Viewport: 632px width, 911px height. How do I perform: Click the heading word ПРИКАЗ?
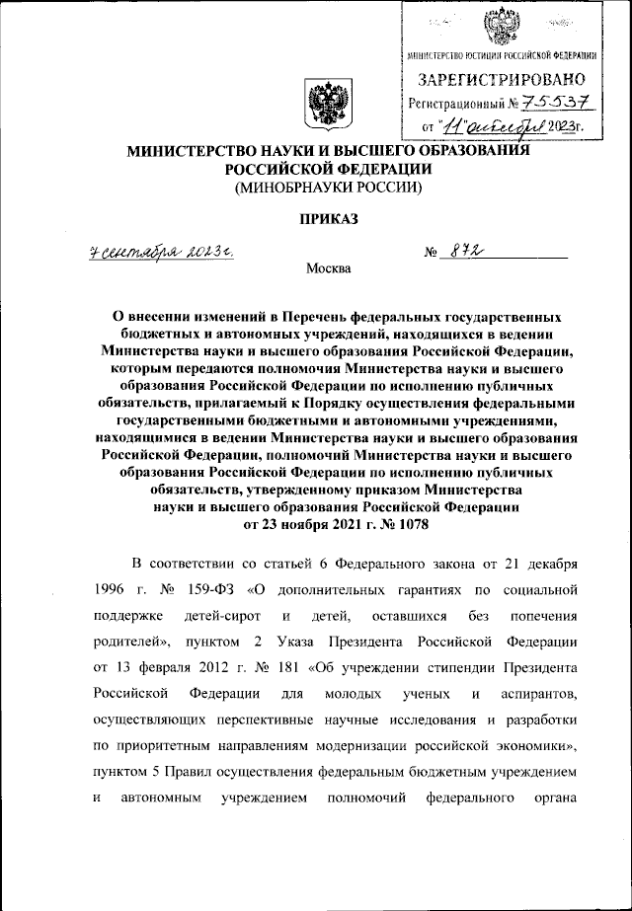(315, 216)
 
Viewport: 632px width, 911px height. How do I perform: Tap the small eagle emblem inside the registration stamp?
(502, 25)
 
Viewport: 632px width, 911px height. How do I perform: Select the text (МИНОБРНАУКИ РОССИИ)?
(315, 186)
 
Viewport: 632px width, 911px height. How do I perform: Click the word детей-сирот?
(211, 616)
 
